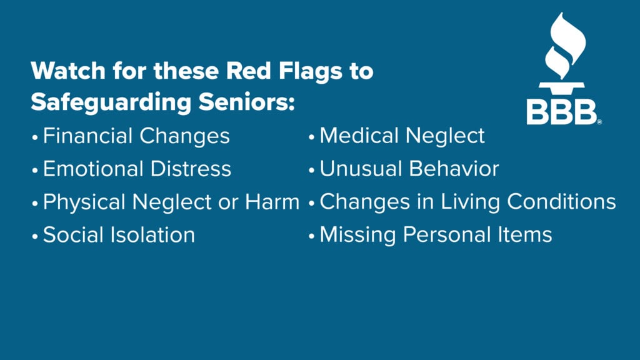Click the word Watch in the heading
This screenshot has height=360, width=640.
point(68,71)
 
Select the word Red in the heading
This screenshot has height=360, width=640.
point(249,71)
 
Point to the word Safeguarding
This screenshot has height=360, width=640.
point(111,102)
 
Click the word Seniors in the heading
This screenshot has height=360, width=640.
point(246,102)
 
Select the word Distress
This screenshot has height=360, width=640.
point(191,169)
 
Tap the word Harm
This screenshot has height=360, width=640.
point(272,202)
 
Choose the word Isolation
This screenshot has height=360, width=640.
point(154,235)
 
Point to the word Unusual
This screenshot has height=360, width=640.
point(361,169)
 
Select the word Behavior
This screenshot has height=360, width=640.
point(454,169)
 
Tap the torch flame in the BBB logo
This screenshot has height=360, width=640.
point(565,46)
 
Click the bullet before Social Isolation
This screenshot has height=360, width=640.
point(35,236)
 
